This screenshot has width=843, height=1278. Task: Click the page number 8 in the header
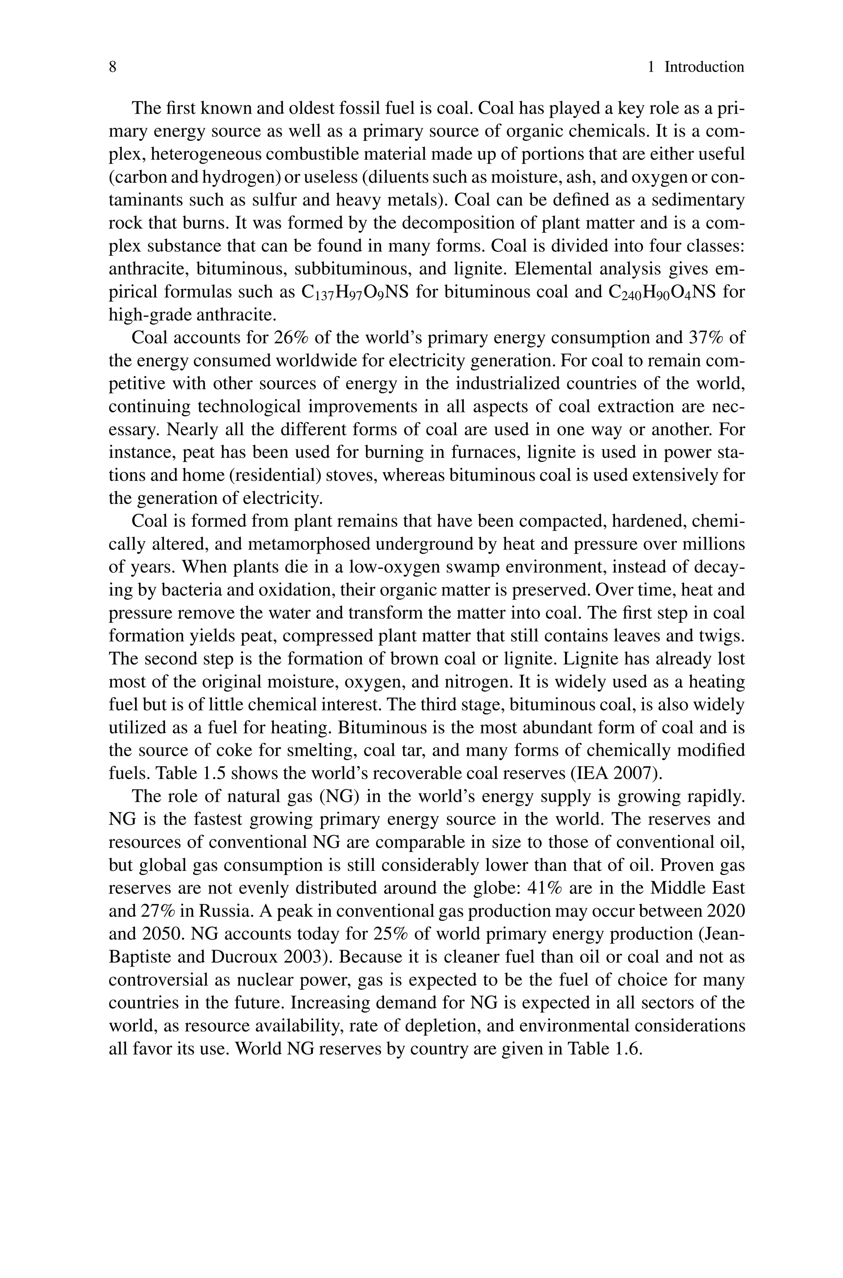pyautogui.click(x=113, y=67)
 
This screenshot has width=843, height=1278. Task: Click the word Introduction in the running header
pyautogui.click(x=704, y=67)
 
